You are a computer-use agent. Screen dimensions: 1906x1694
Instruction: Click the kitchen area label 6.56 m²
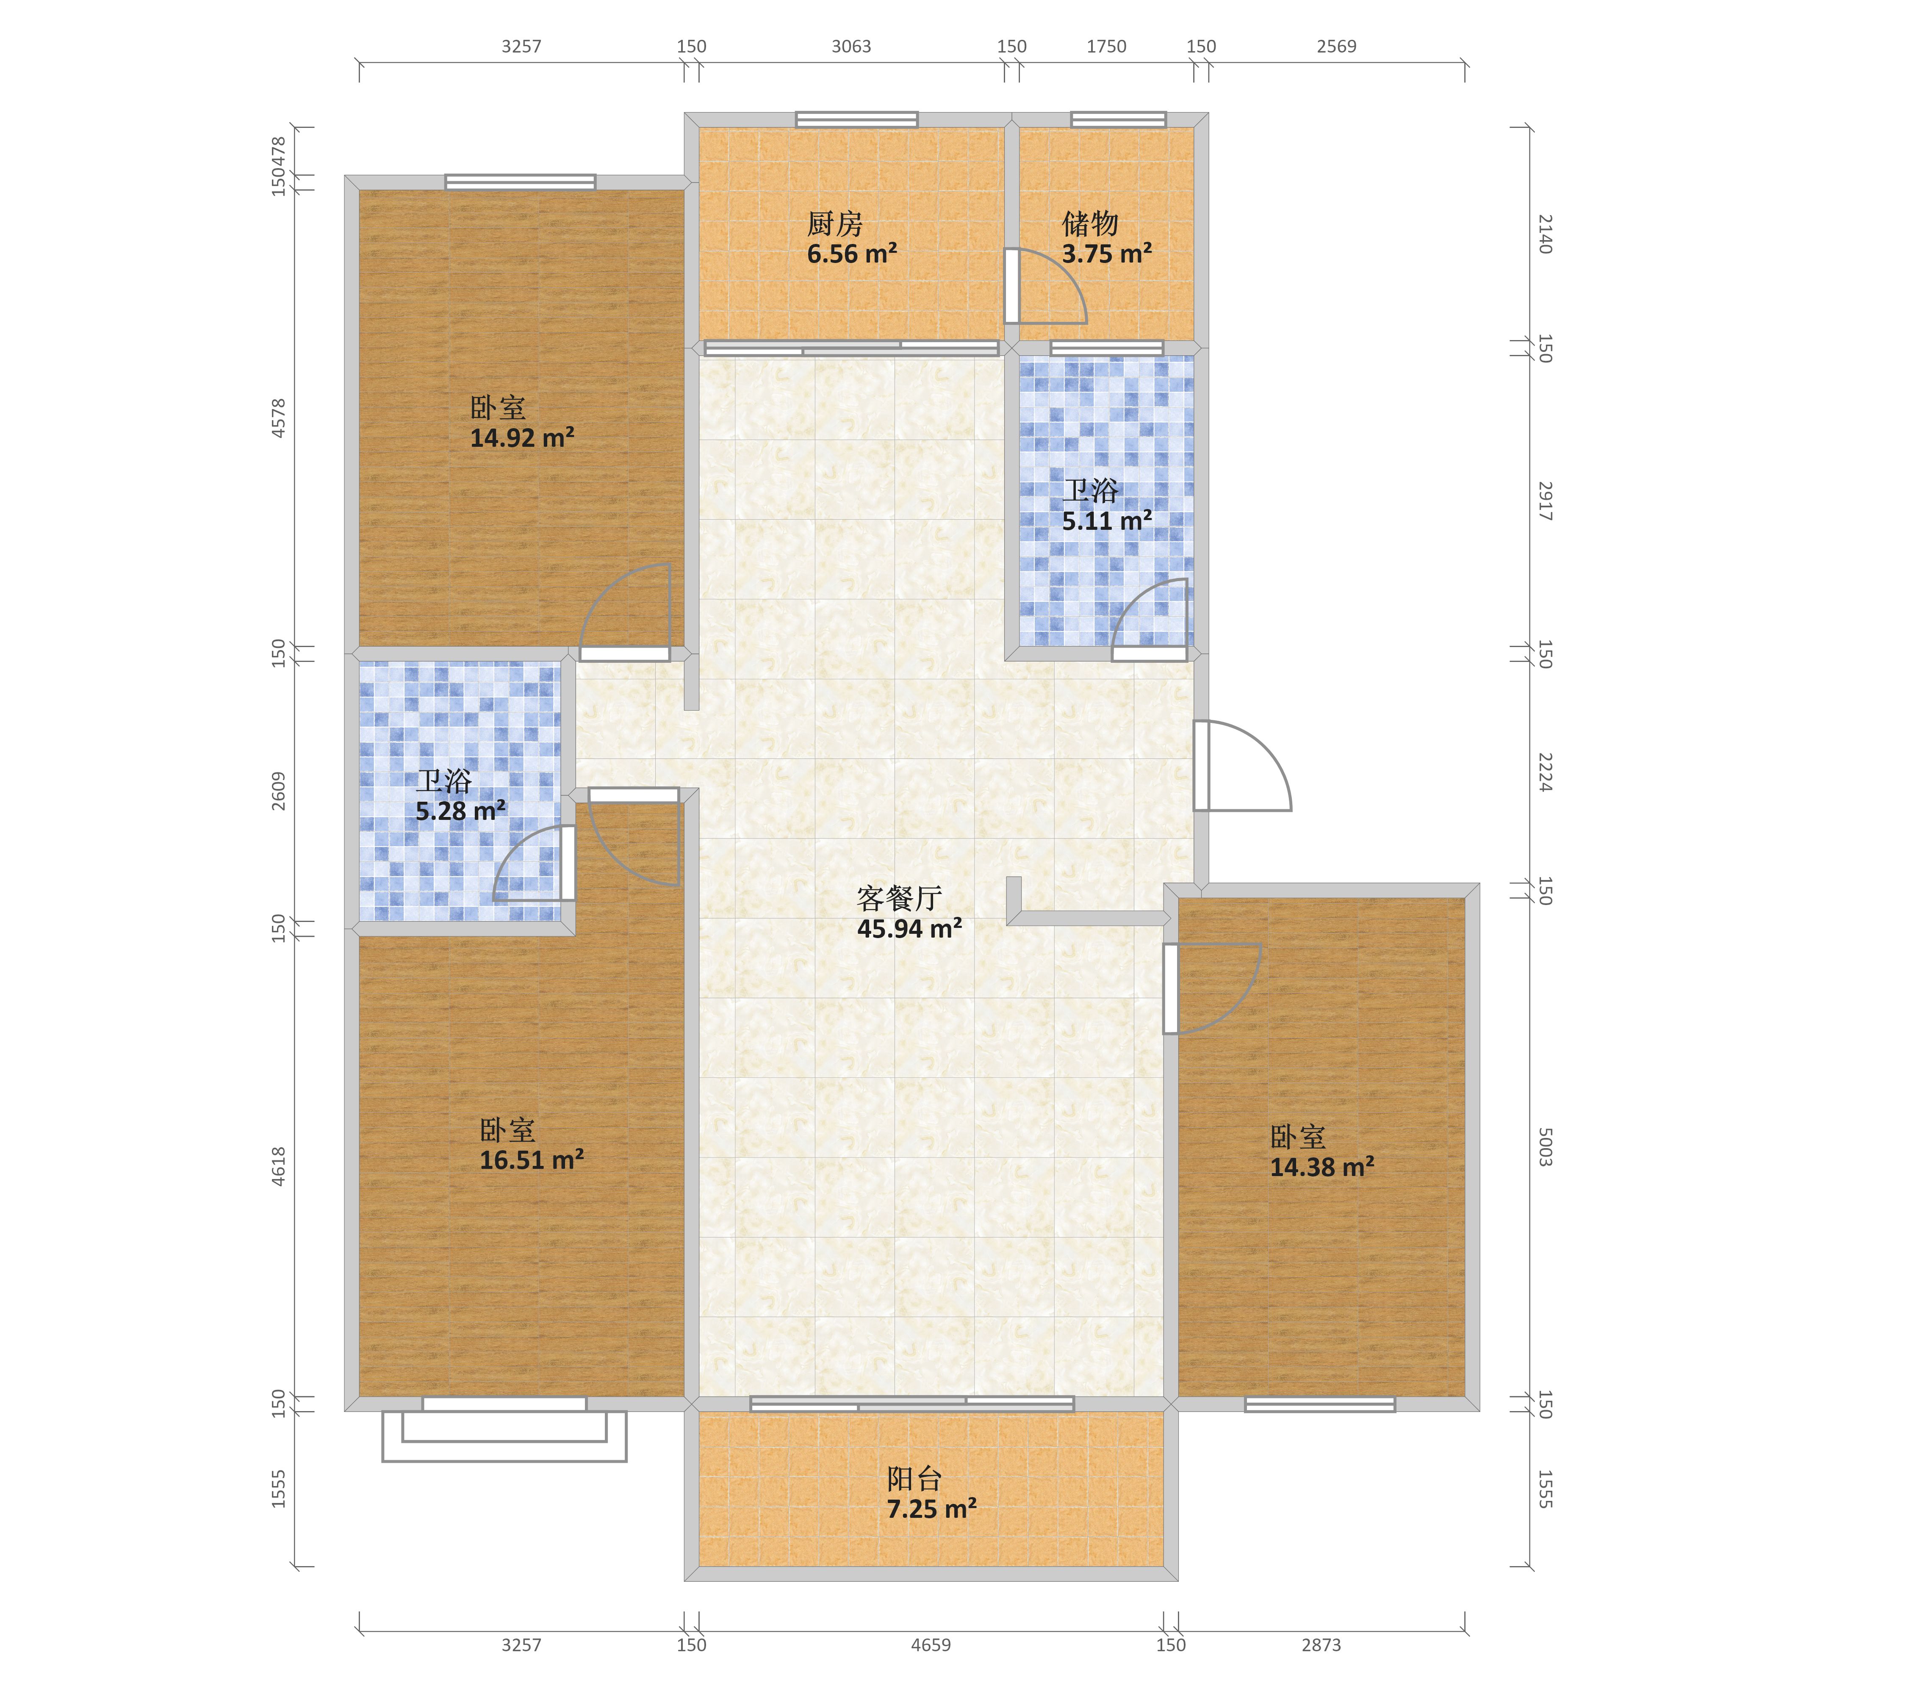851,254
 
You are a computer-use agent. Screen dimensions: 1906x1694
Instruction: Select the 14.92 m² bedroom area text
521,437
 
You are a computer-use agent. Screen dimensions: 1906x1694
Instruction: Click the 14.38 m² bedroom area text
1321,1166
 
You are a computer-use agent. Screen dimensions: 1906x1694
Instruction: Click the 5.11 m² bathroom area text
1107,520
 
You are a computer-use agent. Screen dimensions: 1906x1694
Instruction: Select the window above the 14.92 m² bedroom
520,182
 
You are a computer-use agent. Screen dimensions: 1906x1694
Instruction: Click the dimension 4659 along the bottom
931,1644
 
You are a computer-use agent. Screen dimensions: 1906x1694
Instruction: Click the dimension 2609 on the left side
278,791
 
